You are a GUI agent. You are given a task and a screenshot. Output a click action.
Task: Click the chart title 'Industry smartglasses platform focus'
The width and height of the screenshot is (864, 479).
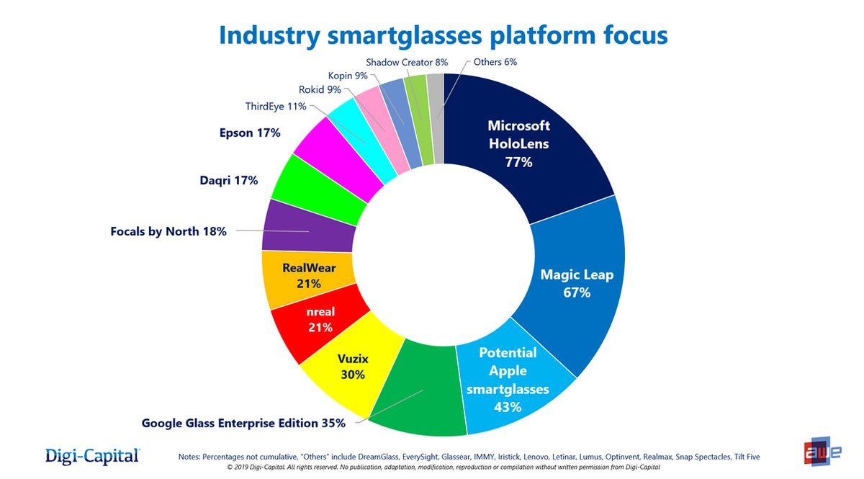pos(443,35)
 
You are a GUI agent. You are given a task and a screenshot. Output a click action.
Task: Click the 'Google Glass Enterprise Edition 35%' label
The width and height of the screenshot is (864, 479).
pos(243,424)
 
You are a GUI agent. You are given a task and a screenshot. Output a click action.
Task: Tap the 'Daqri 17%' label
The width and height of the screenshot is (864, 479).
pos(228,180)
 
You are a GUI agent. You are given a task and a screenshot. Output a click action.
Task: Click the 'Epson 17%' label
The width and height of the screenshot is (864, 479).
pos(249,133)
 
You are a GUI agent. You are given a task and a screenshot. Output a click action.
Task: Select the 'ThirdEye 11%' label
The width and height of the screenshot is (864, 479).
pos(276,107)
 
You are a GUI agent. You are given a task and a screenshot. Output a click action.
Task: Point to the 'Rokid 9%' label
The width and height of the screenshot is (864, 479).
pos(320,90)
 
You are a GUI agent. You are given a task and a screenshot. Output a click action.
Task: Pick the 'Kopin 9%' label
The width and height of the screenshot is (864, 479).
pos(348,76)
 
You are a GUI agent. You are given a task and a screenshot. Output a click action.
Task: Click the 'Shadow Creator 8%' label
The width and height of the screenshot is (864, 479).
pos(407,63)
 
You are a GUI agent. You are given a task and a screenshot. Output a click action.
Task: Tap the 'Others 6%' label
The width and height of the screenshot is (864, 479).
pos(495,62)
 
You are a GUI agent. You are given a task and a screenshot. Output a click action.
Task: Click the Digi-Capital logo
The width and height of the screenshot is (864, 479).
pos(92,455)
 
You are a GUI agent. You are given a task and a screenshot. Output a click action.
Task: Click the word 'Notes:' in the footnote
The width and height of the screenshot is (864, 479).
pos(189,457)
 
